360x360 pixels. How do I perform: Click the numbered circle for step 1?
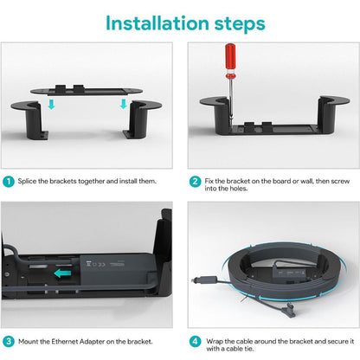pos(8,183)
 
